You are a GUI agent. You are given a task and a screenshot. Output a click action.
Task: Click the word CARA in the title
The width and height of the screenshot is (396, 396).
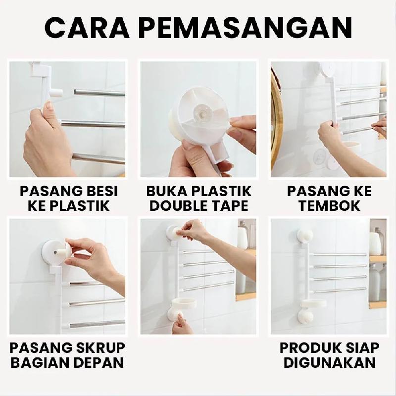click(87, 28)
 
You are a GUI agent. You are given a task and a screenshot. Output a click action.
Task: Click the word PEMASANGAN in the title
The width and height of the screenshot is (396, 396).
click(246, 28)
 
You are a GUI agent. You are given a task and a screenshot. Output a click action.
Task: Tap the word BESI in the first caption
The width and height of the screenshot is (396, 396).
click(103, 191)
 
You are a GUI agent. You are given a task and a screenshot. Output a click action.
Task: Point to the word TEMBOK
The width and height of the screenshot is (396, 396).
click(329, 205)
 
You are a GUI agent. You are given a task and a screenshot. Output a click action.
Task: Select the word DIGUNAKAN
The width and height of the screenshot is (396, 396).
click(330, 363)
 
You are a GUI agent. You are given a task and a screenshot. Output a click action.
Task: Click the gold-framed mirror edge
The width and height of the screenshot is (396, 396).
click(275, 121)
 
